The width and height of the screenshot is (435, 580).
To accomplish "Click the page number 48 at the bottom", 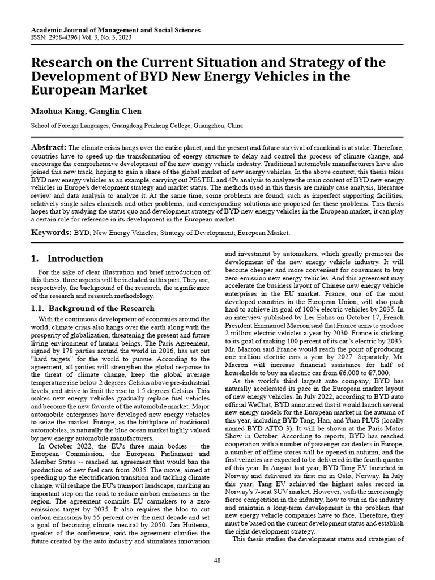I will click(217, 560).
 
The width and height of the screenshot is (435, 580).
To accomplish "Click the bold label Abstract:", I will click(49, 147).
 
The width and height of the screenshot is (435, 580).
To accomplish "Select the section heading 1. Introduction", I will click(67, 259).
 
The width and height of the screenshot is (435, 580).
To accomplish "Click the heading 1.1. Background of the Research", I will click(92, 308).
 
